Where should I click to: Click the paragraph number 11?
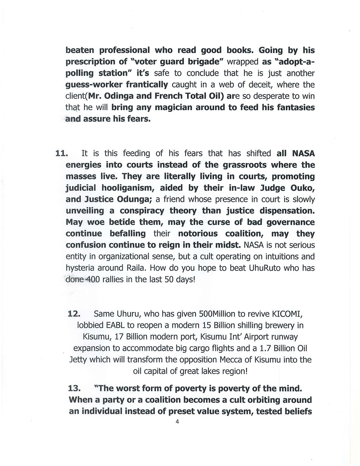[62, 153]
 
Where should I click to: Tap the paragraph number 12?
[74, 313]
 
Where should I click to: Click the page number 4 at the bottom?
[177, 421]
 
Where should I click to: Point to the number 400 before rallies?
[93, 280]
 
